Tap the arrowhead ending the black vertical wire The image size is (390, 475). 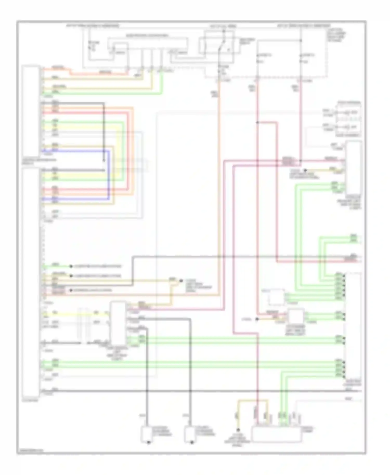tap(104, 160)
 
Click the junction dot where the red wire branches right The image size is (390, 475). tap(257, 122)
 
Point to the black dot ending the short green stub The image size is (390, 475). tap(71, 266)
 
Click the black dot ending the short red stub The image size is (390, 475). tap(71, 290)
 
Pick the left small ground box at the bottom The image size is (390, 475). tap(146, 434)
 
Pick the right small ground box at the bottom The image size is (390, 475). tap(190, 434)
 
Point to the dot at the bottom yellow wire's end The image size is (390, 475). tap(238, 430)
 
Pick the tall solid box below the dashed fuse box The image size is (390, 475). tap(354, 168)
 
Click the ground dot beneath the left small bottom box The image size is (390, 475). tap(149, 443)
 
